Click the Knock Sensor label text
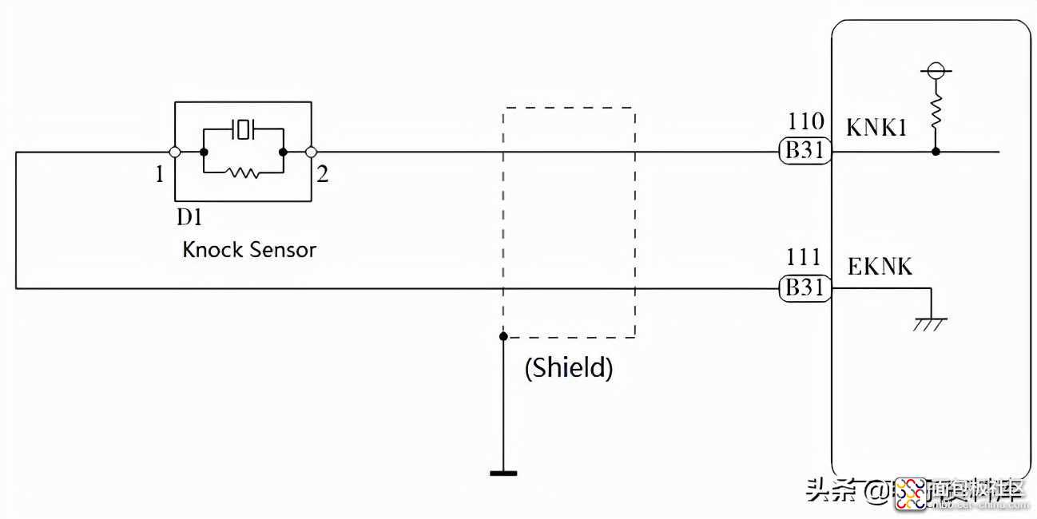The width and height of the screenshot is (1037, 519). pyautogui.click(x=249, y=249)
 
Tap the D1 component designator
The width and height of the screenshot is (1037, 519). pyautogui.click(x=189, y=217)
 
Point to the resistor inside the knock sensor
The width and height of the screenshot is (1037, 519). pyautogui.click(x=243, y=171)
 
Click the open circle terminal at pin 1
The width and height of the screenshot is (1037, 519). pyautogui.click(x=174, y=152)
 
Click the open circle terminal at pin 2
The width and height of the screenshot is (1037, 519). pyautogui.click(x=311, y=152)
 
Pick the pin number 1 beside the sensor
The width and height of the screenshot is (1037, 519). pyautogui.click(x=160, y=174)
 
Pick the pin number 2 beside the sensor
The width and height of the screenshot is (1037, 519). pyautogui.click(x=322, y=174)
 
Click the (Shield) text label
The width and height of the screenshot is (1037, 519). pyautogui.click(x=569, y=367)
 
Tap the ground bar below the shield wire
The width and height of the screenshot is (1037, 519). pyautogui.click(x=503, y=473)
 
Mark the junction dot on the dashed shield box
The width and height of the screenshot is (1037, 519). pyautogui.click(x=503, y=336)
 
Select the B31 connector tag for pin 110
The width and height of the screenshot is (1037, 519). pyautogui.click(x=805, y=151)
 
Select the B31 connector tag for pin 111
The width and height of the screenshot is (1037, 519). pyautogui.click(x=805, y=288)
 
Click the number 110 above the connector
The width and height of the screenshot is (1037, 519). pyautogui.click(x=805, y=121)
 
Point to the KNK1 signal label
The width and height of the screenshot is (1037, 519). pyautogui.click(x=876, y=128)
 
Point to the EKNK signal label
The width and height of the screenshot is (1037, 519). pyautogui.click(x=880, y=266)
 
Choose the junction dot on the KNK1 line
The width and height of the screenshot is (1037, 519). pyautogui.click(x=936, y=151)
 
